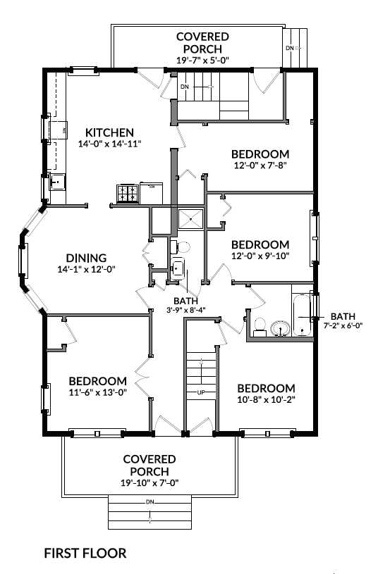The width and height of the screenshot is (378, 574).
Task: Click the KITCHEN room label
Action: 109,132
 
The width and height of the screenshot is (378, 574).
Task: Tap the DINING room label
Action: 86,258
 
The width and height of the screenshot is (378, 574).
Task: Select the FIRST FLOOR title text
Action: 85,553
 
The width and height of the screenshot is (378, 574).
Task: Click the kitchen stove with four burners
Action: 128,194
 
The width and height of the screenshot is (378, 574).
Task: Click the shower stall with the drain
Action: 190,219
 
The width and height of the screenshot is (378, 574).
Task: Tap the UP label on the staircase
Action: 201,392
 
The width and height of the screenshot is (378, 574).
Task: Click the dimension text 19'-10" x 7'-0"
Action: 150,482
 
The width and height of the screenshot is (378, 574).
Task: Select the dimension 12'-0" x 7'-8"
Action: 260,166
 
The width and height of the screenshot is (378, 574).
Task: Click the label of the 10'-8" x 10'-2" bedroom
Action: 265,389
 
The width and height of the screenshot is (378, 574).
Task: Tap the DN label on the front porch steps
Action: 150,502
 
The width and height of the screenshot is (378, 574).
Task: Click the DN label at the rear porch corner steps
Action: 290,48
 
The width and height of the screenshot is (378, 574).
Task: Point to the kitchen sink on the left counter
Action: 57,183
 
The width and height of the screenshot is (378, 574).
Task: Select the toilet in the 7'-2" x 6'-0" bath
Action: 260,325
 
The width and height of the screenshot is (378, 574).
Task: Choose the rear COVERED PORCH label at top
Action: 202,42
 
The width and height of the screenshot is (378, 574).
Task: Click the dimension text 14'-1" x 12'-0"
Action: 86,269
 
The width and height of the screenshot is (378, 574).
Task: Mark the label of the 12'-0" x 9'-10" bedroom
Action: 260,244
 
